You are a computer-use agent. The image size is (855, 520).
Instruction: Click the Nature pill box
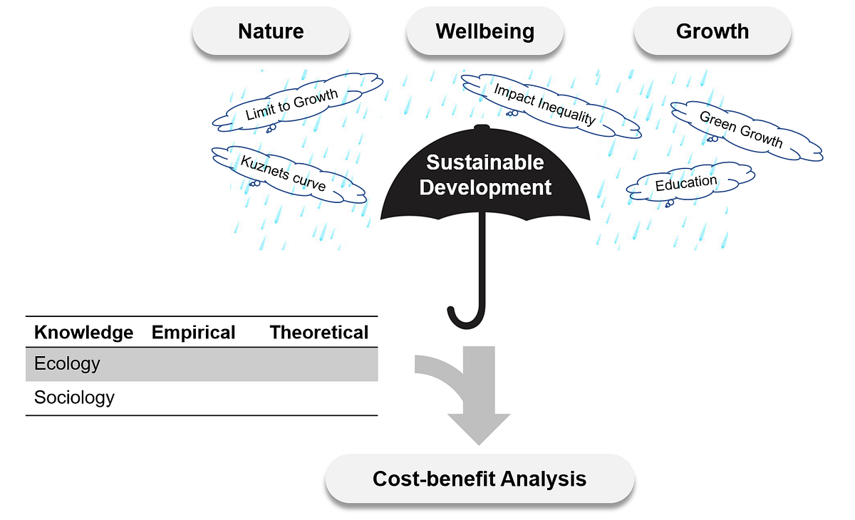tap(271, 31)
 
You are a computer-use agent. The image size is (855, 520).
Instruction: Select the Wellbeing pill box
tap(484, 31)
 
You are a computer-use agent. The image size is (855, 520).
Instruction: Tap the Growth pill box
tap(712, 31)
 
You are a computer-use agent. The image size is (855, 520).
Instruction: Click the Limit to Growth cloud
tap(297, 103)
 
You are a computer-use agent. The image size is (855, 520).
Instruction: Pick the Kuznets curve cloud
tap(289, 175)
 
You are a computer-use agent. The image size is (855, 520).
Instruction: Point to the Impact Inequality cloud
tap(551, 105)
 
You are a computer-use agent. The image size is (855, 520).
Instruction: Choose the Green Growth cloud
tap(747, 131)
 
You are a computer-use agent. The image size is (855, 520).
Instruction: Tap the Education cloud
tap(690, 183)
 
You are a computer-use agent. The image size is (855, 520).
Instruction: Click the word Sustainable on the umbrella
tap(485, 162)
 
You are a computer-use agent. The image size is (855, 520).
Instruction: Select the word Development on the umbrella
tap(485, 188)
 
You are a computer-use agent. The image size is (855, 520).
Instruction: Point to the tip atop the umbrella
tap(482, 127)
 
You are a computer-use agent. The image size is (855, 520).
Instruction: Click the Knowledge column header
tap(83, 332)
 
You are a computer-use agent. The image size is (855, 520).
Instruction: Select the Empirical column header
tap(193, 332)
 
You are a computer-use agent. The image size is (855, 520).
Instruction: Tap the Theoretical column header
tap(319, 332)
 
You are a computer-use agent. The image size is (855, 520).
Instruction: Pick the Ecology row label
tap(67, 363)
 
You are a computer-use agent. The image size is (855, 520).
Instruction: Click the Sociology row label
tap(74, 397)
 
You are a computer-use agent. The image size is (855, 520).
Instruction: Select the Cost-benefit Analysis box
tap(480, 479)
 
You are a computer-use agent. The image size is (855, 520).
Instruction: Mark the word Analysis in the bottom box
tap(543, 479)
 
